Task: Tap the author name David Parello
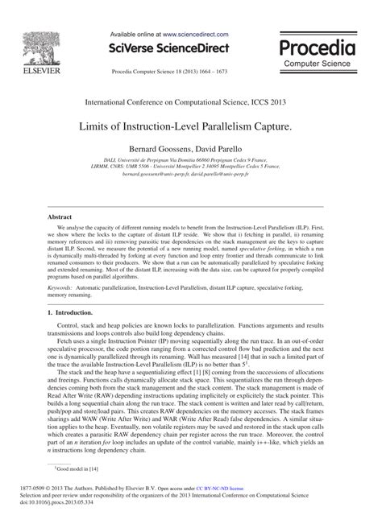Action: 219,150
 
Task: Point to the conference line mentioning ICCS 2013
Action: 191,103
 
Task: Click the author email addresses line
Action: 190,174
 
